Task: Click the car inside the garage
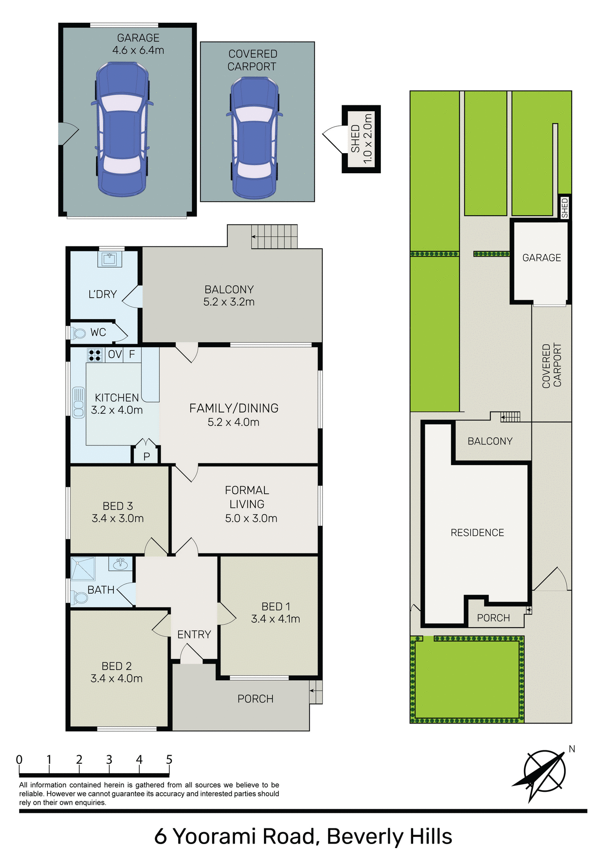pos(122,129)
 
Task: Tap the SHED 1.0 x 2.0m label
pos(361,139)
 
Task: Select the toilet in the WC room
pos(79,333)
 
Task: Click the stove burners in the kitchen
pos(95,355)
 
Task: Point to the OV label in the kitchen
pos(115,354)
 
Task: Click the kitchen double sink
pos(79,402)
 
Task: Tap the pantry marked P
pos(146,456)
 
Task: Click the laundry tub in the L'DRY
pos(109,258)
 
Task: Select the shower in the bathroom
pos(83,569)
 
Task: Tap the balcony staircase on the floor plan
pos(274,237)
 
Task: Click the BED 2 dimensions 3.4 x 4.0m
pos(117,678)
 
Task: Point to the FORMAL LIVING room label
pos(247,497)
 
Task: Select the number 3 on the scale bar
pos(109,759)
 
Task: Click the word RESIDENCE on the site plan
pos(477,533)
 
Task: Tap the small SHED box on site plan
pos(564,208)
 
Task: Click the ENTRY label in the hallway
pos(194,634)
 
